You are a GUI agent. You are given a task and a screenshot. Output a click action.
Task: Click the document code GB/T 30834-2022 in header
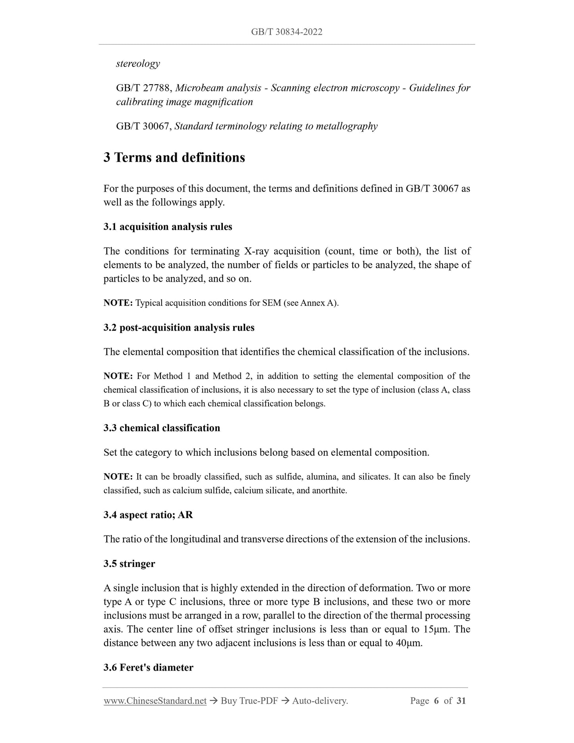point(286,32)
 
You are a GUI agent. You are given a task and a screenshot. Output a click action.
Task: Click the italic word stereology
point(138,64)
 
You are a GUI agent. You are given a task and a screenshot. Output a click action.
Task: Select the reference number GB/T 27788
point(143,88)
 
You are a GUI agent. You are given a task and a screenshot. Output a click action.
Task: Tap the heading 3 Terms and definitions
point(174,158)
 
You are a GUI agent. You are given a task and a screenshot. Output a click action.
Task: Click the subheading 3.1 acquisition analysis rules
point(168,227)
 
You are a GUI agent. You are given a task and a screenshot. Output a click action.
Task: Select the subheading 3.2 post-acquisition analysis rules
point(179,328)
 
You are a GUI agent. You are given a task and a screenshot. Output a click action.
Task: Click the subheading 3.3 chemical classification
point(162,428)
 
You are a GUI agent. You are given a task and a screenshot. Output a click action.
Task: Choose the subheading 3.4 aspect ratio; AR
point(148,515)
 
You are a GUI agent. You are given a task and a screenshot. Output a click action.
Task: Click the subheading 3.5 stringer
point(129,564)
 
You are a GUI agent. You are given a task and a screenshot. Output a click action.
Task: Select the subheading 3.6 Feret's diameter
point(148,668)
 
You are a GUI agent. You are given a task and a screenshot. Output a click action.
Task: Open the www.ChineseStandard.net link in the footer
point(155,701)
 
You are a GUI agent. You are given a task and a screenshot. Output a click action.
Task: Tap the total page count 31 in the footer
point(461,701)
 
